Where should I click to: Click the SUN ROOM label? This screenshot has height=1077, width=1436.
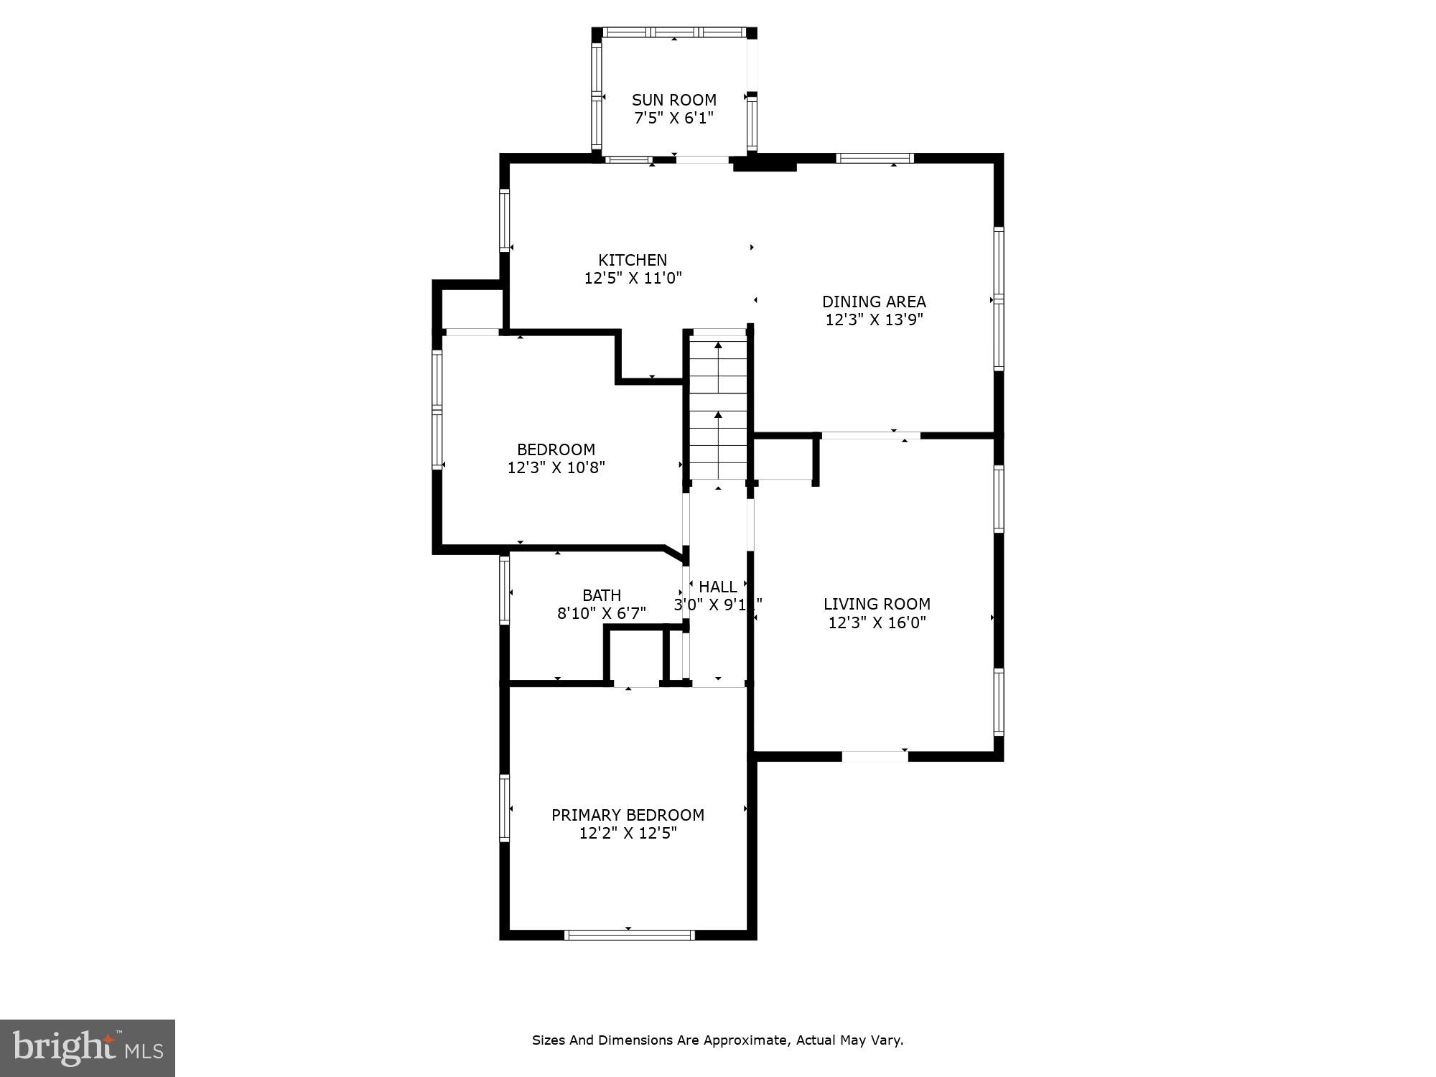point(673,100)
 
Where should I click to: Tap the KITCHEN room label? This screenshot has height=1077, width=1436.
point(633,260)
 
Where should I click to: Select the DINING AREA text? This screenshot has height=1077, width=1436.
point(874,302)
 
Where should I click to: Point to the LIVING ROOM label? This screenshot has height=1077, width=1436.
point(877,605)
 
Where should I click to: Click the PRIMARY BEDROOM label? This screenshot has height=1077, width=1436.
point(628,815)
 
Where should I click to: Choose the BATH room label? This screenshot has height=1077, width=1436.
point(602,595)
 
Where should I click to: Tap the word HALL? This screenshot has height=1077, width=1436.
point(717,587)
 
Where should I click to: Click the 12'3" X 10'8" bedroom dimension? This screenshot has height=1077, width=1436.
point(556,468)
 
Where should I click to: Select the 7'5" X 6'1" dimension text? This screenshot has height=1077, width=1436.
point(673,118)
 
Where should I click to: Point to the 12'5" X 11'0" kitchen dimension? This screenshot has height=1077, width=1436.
point(633,278)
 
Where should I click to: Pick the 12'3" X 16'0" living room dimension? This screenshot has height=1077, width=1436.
point(877,623)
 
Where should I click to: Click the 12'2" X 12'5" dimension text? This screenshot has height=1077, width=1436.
point(628,833)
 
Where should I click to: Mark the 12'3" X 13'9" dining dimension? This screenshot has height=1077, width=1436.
point(874,320)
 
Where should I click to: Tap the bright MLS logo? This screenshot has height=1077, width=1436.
point(88,1048)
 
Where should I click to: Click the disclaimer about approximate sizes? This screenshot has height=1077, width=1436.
point(717,1040)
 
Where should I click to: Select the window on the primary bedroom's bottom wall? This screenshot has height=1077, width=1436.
point(629,935)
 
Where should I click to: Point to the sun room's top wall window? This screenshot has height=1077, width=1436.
point(673,32)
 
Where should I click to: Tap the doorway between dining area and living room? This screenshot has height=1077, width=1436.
point(870,435)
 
